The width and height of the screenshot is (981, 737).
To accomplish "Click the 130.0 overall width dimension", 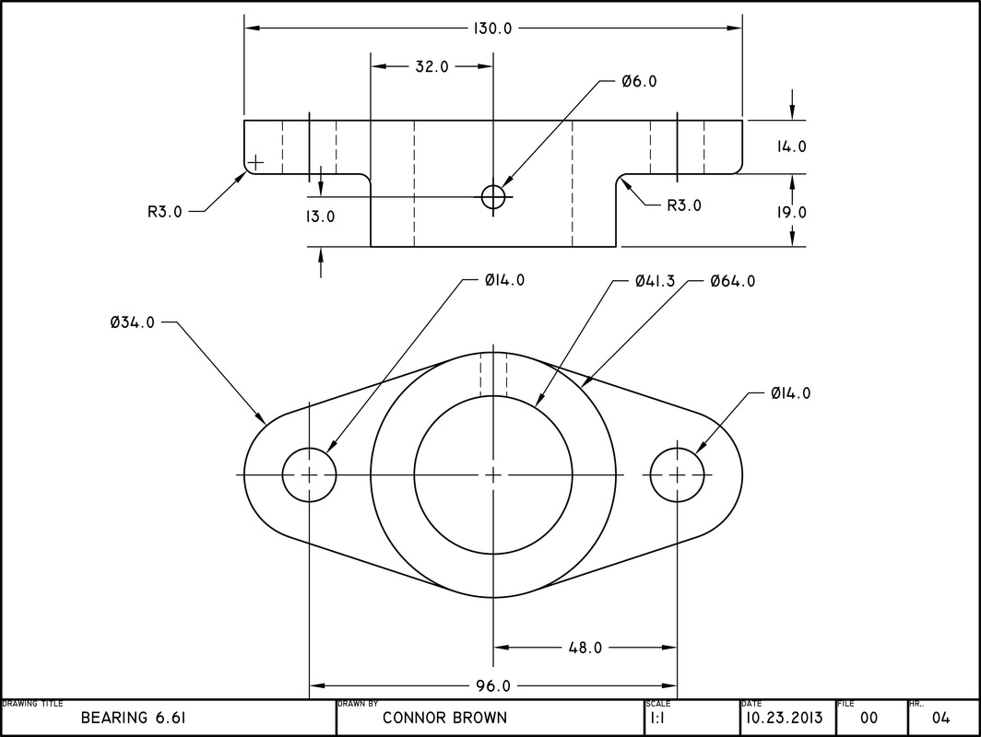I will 492,29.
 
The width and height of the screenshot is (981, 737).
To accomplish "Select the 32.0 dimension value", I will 431,66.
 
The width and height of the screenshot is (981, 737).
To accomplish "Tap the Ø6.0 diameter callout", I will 638,82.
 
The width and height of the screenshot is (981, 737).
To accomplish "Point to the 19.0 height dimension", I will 791,212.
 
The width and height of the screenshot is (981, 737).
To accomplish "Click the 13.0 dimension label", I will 320,217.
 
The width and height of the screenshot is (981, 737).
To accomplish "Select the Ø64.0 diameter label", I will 732,281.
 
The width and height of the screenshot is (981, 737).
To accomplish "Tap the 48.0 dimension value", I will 585,648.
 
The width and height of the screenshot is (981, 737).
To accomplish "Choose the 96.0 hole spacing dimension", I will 493,686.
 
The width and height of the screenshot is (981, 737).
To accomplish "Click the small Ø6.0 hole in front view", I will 493,196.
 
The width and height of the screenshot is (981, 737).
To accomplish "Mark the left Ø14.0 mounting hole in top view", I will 309,474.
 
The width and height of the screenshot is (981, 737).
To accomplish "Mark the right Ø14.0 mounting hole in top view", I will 678,474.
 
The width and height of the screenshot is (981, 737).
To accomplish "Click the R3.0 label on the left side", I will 166,211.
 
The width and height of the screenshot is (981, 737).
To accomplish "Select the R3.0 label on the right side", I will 684,205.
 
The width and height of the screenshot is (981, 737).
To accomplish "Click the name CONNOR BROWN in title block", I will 444,718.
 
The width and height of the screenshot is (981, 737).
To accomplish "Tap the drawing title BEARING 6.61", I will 134,718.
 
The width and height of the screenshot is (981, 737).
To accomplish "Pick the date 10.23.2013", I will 785,718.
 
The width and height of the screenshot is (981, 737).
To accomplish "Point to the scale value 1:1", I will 658,718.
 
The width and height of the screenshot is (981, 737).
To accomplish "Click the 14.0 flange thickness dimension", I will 791,146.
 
